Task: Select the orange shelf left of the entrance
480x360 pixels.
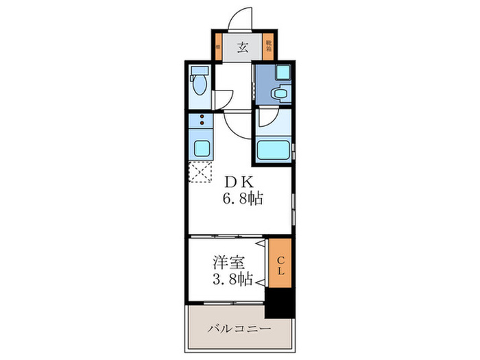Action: [x=217, y=47]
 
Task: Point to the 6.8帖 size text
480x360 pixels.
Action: [x=241, y=200]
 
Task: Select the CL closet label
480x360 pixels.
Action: [x=280, y=263]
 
